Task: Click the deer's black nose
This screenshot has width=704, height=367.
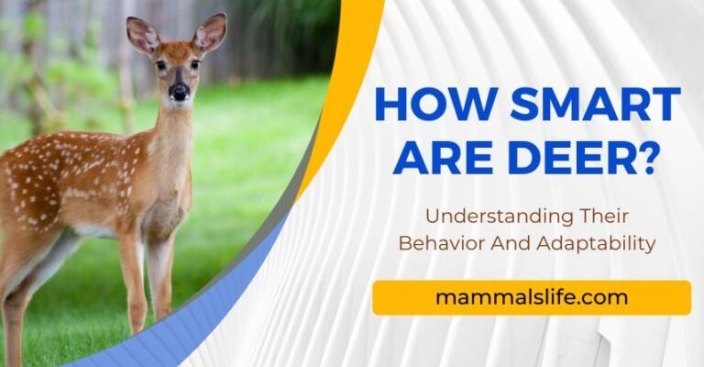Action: tap(179, 92)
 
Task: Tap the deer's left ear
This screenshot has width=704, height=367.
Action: tap(142, 35)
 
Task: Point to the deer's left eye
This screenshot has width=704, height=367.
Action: tap(161, 65)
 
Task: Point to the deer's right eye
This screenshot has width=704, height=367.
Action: tap(195, 64)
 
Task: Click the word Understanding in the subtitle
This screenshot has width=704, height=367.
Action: tap(499, 217)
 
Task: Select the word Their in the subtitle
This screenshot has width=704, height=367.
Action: tap(604, 216)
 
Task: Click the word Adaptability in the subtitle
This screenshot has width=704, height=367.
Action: tap(596, 244)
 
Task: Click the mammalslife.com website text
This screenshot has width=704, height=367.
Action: tap(532, 297)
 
